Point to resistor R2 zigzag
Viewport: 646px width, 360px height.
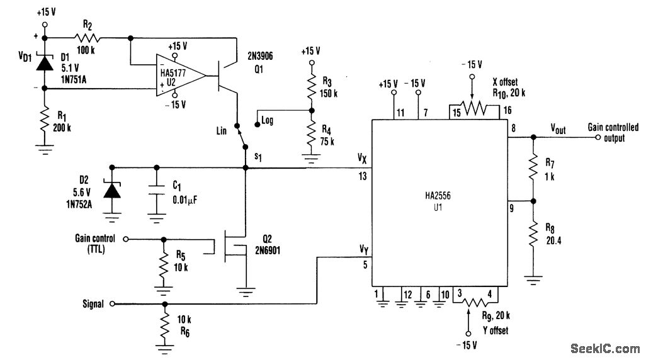click(x=87, y=39)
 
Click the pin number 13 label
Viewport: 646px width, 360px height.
click(x=363, y=177)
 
